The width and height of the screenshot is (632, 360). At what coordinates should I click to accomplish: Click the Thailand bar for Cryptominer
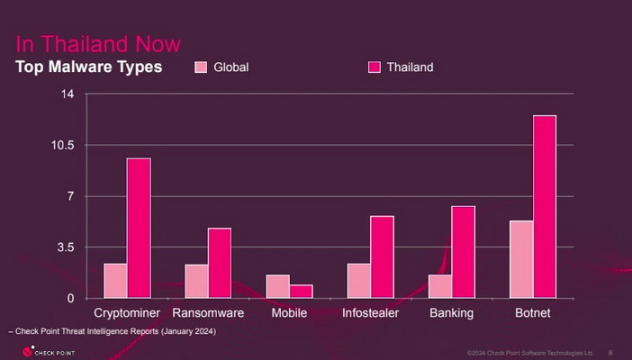pos(139,228)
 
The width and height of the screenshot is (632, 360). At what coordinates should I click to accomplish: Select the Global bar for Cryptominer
pos(115,280)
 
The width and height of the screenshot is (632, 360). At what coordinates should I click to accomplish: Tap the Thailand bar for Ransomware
pos(220,263)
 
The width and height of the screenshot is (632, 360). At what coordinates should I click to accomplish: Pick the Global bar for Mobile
pos(277,286)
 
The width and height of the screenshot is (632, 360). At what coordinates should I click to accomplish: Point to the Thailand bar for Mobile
pos(301,292)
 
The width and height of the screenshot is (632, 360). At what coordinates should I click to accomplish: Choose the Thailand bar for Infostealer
pos(382,256)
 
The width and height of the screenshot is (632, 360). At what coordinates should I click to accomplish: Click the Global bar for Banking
pos(439,286)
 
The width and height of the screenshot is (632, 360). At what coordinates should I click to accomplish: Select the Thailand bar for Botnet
pos(544,207)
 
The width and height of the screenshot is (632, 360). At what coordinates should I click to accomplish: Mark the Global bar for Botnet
pos(520,259)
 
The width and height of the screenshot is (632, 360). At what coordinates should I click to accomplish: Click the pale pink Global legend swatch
pos(202,67)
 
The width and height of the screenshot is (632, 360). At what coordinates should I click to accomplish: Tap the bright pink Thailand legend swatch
pos(375,67)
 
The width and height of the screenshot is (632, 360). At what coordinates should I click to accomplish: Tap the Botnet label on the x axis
pos(532,313)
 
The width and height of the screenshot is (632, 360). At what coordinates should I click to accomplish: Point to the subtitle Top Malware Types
pos(88,67)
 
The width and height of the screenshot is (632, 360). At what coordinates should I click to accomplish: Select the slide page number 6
pos(610,352)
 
